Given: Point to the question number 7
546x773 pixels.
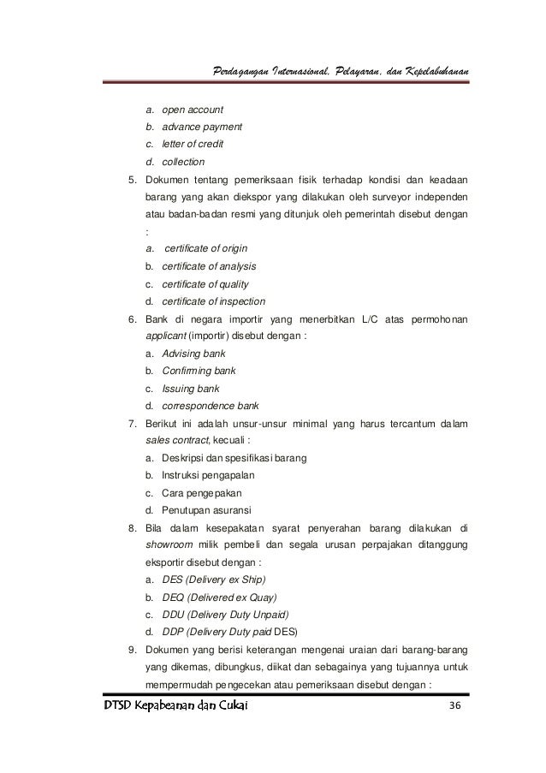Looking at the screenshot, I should pyautogui.click(x=132, y=423).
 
